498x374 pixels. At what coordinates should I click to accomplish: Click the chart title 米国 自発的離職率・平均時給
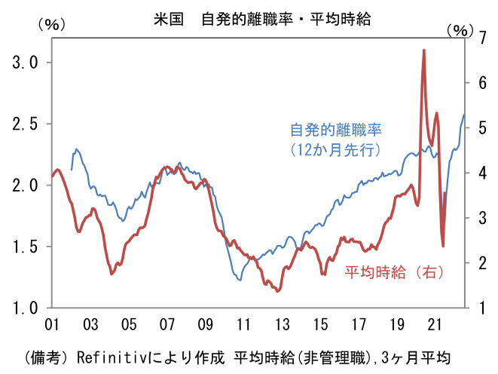(x=262, y=19)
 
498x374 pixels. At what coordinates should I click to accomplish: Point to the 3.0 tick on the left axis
(x=26, y=63)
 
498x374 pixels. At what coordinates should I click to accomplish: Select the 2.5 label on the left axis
(x=26, y=124)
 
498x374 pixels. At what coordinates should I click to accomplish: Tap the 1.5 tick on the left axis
(x=26, y=247)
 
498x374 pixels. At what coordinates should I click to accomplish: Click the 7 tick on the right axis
(x=482, y=38)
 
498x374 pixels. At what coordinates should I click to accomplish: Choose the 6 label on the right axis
(x=482, y=83)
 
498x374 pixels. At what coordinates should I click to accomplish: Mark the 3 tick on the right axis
(x=482, y=218)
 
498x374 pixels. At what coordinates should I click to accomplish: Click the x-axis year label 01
(x=52, y=324)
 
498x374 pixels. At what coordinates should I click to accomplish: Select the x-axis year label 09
(x=205, y=324)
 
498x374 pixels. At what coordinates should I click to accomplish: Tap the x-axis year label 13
(x=282, y=324)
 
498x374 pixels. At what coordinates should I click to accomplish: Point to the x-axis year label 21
(x=435, y=324)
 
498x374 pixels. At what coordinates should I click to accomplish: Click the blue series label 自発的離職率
(x=336, y=130)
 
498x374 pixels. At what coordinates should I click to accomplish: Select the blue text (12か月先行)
(x=335, y=149)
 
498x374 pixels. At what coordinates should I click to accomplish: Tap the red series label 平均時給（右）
(x=394, y=272)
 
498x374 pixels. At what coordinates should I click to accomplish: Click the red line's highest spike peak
(x=424, y=51)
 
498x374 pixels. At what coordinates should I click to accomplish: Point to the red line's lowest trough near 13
(x=277, y=291)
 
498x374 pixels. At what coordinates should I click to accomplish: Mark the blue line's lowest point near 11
(x=240, y=280)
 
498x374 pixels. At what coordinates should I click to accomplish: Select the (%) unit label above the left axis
(x=52, y=24)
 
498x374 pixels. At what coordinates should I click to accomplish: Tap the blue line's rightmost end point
(x=464, y=115)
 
